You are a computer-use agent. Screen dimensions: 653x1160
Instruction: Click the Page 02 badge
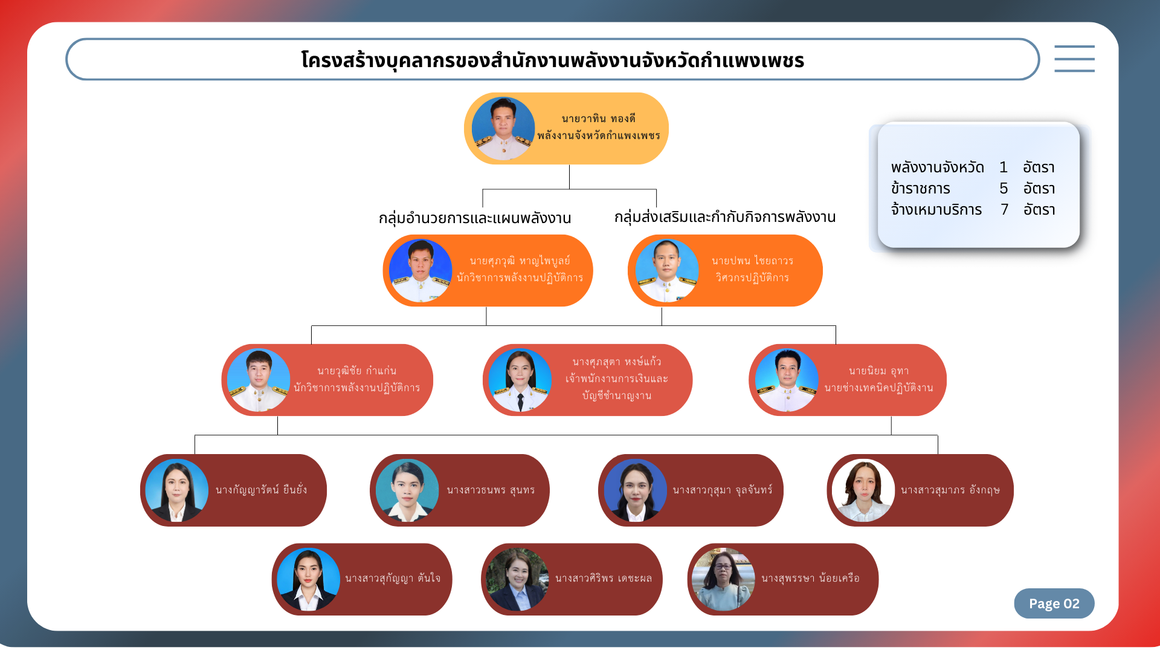pyautogui.click(x=1054, y=603)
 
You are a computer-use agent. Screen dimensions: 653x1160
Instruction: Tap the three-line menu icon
pyautogui.click(x=1074, y=59)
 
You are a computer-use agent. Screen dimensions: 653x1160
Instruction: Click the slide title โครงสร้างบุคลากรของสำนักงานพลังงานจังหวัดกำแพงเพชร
pyautogui.click(x=552, y=60)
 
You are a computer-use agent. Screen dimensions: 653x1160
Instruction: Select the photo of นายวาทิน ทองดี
pyautogui.click(x=503, y=129)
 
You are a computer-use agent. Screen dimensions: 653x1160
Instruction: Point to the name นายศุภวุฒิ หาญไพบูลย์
pyautogui.click(x=520, y=261)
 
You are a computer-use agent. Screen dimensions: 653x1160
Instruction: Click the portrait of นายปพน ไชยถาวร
pyautogui.click(x=667, y=271)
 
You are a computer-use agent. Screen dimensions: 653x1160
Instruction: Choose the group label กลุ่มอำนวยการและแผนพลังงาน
pyautogui.click(x=475, y=218)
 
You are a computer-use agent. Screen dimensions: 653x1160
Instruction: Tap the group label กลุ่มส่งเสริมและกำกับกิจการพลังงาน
pyautogui.click(x=725, y=217)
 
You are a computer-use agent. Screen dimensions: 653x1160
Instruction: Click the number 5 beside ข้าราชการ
pyautogui.click(x=1004, y=189)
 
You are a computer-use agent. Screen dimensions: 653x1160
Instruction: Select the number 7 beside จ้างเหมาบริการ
pyautogui.click(x=1004, y=210)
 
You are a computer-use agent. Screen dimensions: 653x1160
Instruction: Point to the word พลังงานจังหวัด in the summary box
pyautogui.click(x=937, y=167)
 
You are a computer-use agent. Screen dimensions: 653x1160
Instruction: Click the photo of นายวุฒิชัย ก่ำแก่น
pyautogui.click(x=259, y=380)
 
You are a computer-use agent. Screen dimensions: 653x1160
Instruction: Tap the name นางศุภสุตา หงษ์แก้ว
pyautogui.click(x=617, y=362)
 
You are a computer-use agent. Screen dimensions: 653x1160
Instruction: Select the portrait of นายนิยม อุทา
pyautogui.click(x=787, y=380)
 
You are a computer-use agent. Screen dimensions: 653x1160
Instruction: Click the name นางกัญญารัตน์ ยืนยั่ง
pyautogui.click(x=261, y=490)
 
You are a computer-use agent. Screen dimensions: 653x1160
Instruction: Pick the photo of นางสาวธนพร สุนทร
pyautogui.click(x=407, y=490)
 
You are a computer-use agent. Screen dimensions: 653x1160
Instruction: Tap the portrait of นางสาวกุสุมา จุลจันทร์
pyautogui.click(x=636, y=490)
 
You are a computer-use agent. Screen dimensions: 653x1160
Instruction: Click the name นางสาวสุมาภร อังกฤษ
pyautogui.click(x=950, y=490)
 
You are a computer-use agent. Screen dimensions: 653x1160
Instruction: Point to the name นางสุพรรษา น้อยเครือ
pyautogui.click(x=810, y=579)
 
